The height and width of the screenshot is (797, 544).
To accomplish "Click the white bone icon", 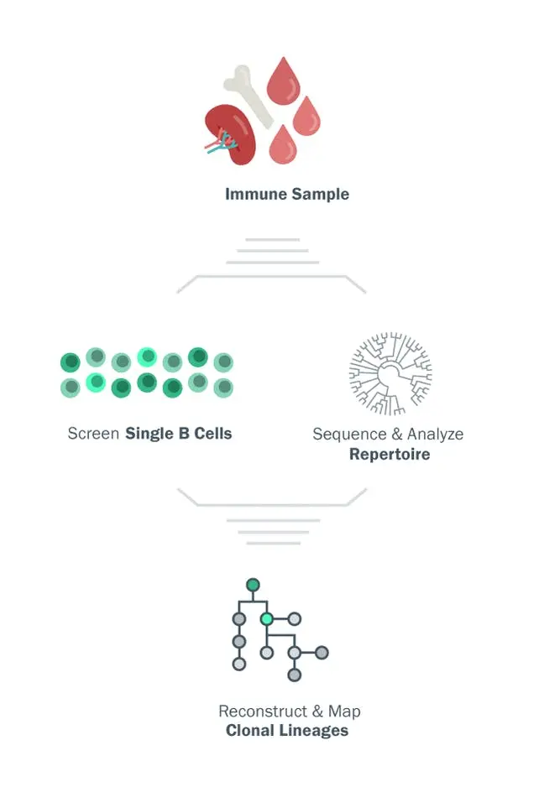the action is (249, 96).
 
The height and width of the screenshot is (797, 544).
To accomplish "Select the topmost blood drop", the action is (284, 81).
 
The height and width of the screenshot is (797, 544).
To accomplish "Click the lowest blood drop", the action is (283, 145).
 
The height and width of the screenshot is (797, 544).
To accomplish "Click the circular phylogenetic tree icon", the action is (390, 373).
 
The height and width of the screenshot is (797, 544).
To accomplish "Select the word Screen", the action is (93, 434).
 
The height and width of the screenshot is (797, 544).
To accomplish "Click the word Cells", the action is (213, 434).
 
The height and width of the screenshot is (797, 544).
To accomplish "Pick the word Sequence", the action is (349, 435).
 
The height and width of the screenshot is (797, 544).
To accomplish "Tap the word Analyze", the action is (435, 435).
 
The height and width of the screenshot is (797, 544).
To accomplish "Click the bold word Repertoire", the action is (390, 455).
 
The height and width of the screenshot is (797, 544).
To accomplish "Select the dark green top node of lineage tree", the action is (253, 585).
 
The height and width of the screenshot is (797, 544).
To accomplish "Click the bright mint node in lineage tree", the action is (266, 619).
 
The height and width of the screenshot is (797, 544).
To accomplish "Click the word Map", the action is (344, 711).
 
